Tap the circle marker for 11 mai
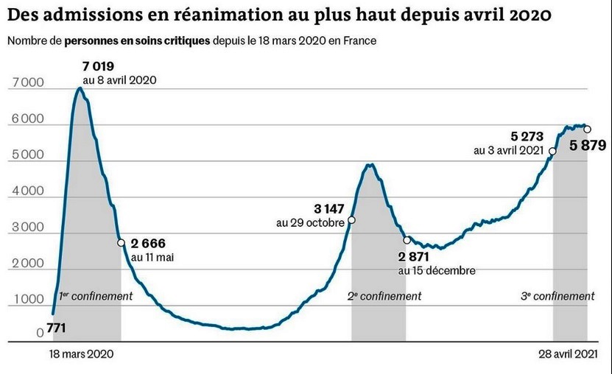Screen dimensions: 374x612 121,243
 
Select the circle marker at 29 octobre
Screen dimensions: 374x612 351,219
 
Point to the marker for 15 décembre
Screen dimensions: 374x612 407,240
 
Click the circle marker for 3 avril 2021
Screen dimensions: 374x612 552,151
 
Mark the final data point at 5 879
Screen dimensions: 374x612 587,130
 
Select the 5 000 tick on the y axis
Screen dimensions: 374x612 26,156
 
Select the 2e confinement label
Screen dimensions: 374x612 384,296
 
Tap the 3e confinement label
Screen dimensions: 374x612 558,296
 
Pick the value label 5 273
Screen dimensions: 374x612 527,136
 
